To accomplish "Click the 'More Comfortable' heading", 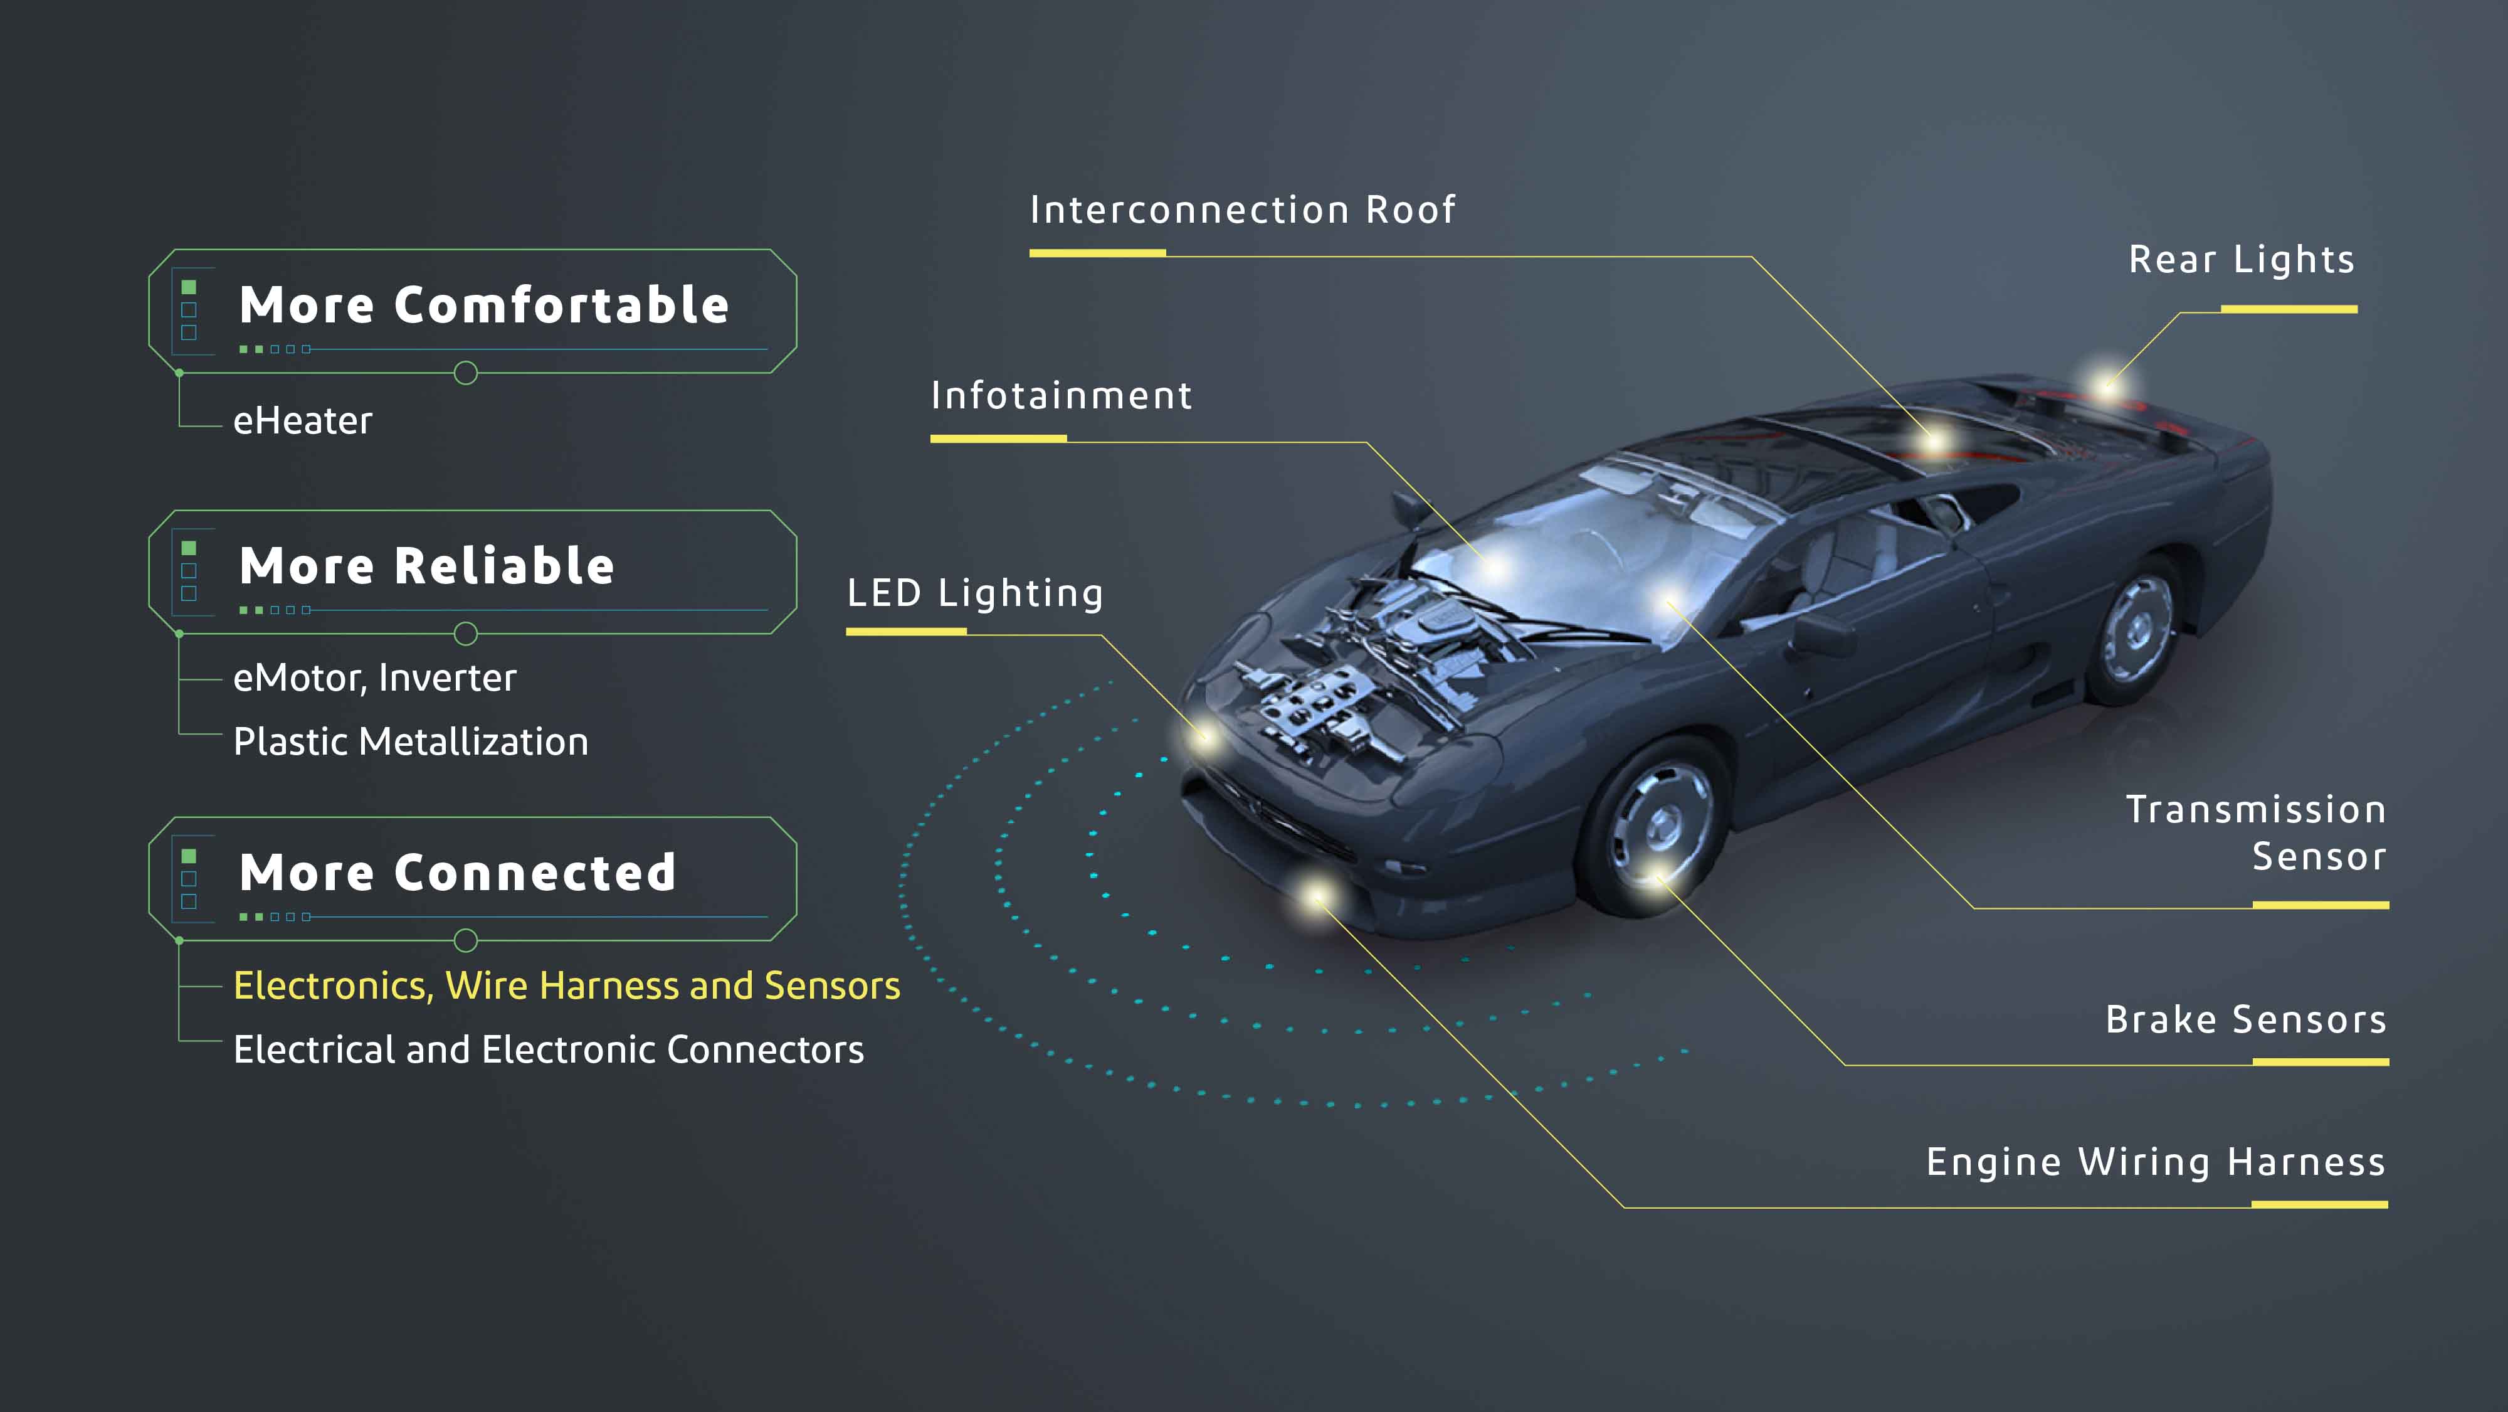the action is point(484,305).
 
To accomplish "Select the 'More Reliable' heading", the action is point(426,566).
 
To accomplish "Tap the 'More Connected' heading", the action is point(458,873).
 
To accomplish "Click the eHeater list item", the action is point(303,421).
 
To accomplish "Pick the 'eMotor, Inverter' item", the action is point(375,677).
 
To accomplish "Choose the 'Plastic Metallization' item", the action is point(411,742).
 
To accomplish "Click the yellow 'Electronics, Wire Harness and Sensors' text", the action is point(567,985).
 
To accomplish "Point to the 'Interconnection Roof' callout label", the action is point(1242,210).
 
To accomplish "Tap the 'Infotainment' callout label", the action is point(1062,395).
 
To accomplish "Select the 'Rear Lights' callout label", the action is point(2242,260).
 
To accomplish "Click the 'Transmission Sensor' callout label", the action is point(2256,834).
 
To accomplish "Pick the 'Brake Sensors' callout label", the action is point(2246,1019).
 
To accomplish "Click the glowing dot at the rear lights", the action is point(2106,381).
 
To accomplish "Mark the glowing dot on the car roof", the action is point(1934,441).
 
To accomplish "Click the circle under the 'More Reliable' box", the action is point(466,634).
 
